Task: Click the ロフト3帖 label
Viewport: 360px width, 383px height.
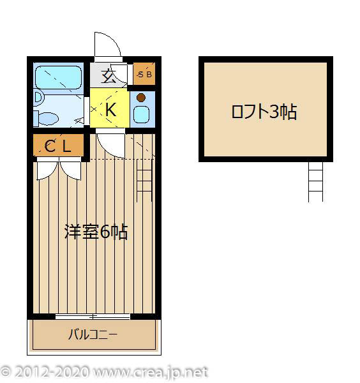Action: click(264, 112)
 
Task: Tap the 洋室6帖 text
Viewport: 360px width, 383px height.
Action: click(96, 232)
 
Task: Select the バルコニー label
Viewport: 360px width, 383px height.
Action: click(93, 334)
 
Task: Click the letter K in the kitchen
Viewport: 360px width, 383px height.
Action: click(110, 110)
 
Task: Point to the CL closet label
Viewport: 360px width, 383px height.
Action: click(58, 146)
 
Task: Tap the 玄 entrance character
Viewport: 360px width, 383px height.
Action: click(109, 77)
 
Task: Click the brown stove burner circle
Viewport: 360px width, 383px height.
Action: click(142, 98)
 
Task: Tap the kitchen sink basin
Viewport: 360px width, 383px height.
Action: click(142, 114)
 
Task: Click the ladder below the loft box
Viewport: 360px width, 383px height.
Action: click(316, 181)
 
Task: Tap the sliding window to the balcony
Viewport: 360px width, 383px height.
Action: click(93, 317)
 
